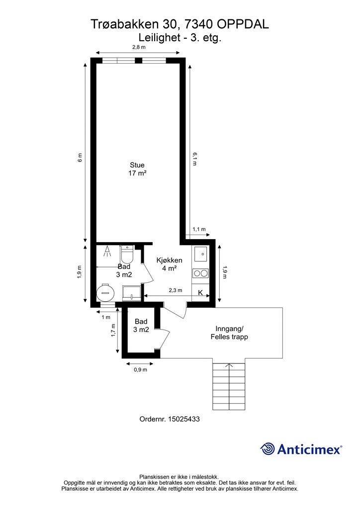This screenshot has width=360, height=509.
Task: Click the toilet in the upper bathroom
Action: pyautogui.click(x=127, y=254)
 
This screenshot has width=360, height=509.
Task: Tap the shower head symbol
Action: pyautogui.click(x=107, y=252)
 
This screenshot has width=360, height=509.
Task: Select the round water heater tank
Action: pyautogui.click(x=105, y=292)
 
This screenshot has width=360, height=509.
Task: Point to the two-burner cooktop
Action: pyautogui.click(x=200, y=273)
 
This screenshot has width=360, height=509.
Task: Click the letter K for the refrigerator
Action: pyautogui.click(x=200, y=293)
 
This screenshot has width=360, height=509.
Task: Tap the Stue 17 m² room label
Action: pyautogui.click(x=137, y=169)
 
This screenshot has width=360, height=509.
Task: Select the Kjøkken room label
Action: pyautogui.click(x=169, y=260)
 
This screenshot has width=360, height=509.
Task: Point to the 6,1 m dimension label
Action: pyautogui.click(x=194, y=159)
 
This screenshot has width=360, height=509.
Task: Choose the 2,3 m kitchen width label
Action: pyautogui.click(x=176, y=290)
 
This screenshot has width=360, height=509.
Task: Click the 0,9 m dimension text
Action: pyautogui.click(x=141, y=369)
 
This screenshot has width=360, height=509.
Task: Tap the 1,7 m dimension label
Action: pyautogui.click(x=113, y=331)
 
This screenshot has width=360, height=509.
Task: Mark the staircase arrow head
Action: pyautogui.click(x=229, y=365)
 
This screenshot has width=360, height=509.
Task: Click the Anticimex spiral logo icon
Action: pyautogui.click(x=268, y=449)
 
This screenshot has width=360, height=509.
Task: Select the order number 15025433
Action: pyautogui.click(x=184, y=419)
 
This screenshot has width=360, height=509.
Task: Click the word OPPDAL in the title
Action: pyautogui.click(x=243, y=24)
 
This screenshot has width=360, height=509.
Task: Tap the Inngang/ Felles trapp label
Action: pyautogui.click(x=229, y=333)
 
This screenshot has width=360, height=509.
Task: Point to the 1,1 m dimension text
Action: pyautogui.click(x=199, y=229)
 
